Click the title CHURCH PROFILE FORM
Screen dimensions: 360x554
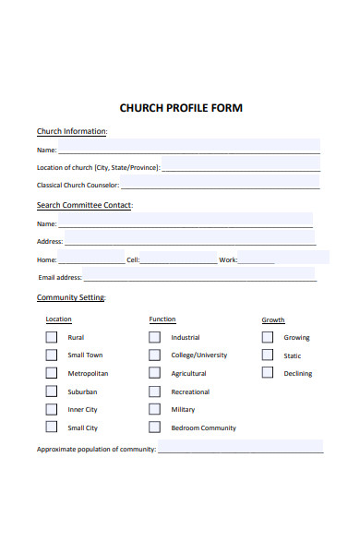[x=181, y=108]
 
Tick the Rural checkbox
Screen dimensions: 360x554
[x=51, y=337]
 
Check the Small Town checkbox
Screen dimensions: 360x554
[x=51, y=355]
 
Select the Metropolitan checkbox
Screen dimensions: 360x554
[x=51, y=373]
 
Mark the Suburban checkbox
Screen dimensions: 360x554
[x=51, y=391]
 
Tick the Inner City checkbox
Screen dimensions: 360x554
[x=51, y=409]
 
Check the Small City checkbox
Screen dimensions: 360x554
[x=51, y=428]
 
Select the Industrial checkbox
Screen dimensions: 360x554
[x=154, y=337]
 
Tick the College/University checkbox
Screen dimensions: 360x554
[x=154, y=355]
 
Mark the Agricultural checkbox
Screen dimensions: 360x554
[x=154, y=373]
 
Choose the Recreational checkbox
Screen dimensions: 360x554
[x=154, y=391]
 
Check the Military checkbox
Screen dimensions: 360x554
[x=154, y=409]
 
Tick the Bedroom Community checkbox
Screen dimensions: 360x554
[x=154, y=428]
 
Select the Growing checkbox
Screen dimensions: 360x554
[x=267, y=337]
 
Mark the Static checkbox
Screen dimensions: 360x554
[x=267, y=355]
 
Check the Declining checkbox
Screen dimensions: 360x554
[x=267, y=373]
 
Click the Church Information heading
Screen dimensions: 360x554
[x=72, y=131]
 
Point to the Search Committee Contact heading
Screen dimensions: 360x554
[x=84, y=205]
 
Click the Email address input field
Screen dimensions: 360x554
[x=198, y=276]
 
